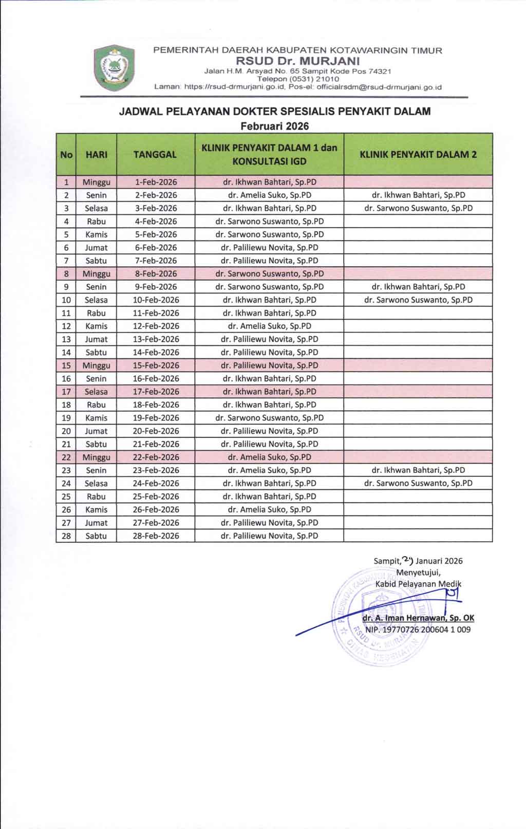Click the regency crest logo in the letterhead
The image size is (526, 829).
click(114, 68)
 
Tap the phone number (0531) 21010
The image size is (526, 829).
click(298, 79)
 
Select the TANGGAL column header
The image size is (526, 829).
click(155, 154)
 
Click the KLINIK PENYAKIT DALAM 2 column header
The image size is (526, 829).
click(418, 154)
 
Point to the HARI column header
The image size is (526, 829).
click(96, 154)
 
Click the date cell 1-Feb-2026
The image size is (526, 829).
click(156, 182)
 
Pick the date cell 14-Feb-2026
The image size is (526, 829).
click(156, 352)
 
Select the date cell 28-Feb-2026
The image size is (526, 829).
click(156, 536)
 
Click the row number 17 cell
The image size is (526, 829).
click(66, 392)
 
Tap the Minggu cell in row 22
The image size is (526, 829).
click(96, 457)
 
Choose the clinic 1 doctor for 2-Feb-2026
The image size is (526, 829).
click(269, 195)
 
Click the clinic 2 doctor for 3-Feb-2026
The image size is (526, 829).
click(418, 208)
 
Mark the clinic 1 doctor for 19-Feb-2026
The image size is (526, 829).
click(269, 418)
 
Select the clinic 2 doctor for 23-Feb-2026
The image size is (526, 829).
click(418, 470)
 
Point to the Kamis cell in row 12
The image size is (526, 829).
click(96, 326)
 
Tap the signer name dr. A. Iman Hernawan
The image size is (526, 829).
click(418, 618)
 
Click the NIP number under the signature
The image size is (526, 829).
click(418, 629)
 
